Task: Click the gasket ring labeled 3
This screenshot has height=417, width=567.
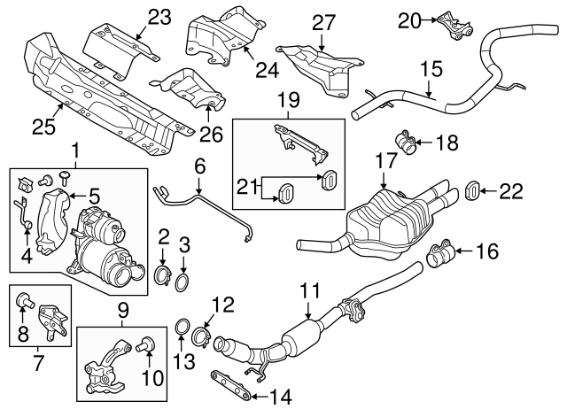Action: [x=181, y=282]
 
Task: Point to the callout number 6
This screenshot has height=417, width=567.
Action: [x=200, y=165]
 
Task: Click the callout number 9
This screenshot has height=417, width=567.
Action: [x=122, y=310]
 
